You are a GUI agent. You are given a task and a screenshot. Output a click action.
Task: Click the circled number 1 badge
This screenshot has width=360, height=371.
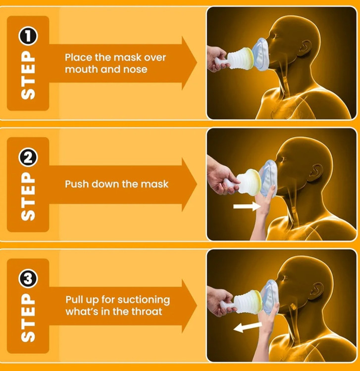(28, 36)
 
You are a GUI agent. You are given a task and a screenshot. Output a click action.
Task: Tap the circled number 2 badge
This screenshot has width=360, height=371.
(28, 157)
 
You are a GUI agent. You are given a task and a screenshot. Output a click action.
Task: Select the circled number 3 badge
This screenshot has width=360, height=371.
(28, 278)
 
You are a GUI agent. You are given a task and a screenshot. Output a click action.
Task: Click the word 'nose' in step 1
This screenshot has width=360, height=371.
(135, 69)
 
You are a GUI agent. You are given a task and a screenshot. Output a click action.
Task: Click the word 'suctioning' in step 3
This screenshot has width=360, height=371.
(144, 300)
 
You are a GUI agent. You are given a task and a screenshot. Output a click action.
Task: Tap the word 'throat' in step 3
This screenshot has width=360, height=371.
(147, 311)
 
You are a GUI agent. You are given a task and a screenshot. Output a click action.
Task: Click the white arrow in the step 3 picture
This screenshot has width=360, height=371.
(248, 327)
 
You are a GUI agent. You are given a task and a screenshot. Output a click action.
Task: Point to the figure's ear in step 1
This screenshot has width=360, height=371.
(306, 46)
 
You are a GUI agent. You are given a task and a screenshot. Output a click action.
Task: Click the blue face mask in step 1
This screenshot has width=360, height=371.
(260, 54)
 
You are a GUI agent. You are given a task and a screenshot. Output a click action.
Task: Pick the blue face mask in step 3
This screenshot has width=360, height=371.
(269, 297)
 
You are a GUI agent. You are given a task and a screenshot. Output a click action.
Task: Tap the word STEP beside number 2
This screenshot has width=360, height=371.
(28, 196)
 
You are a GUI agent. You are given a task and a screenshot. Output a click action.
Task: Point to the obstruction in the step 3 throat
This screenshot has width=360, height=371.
(293, 307)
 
